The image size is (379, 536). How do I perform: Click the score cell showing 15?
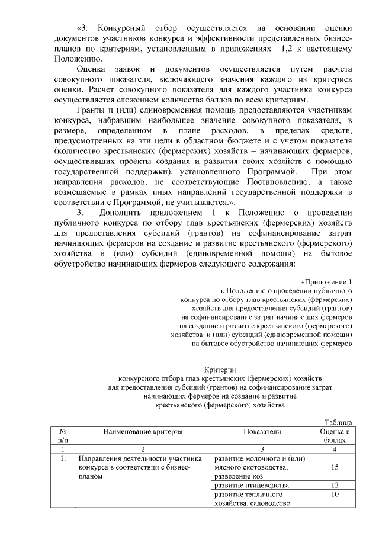coord(335,468)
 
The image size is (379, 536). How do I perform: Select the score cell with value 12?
coord(335,485)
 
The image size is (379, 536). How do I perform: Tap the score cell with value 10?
coord(335,494)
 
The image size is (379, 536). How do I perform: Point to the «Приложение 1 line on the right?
coord(326,281)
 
